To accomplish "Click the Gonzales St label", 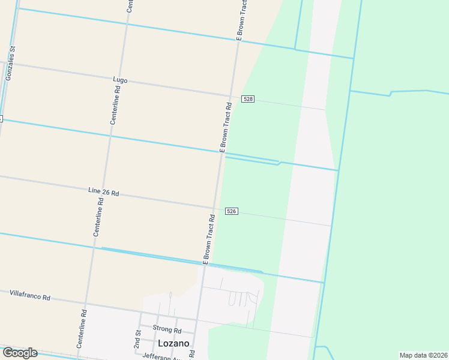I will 10,64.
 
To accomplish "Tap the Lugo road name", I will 120,79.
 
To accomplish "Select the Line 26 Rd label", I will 103,192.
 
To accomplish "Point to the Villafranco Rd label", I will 29,296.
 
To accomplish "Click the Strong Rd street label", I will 167,329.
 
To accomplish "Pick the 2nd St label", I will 137,340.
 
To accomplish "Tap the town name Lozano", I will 173,343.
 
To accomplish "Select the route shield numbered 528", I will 247,98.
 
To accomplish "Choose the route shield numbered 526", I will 232,211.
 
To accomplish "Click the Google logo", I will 20,352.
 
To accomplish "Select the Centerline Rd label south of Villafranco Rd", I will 82,329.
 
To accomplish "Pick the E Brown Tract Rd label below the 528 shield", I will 225,128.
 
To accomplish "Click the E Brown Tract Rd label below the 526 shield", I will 209,239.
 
